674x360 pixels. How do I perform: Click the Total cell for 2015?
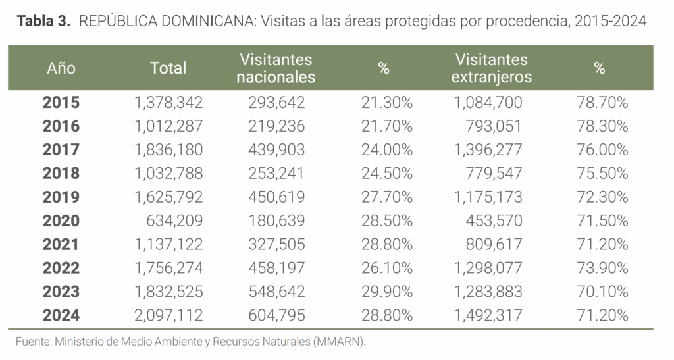coord(168,103)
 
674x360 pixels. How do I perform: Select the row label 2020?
coord(61,221)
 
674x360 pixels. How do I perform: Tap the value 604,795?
coord(276,316)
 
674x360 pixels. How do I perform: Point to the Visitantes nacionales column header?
coord(276,68)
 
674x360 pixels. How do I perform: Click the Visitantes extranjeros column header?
coord(491,68)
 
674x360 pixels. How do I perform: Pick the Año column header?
coord(61,68)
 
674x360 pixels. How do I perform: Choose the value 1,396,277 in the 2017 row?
coord(488,150)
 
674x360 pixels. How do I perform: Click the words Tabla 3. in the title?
coord(43,21)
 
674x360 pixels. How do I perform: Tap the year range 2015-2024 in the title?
coord(610,21)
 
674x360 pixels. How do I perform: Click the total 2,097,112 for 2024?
coord(168,316)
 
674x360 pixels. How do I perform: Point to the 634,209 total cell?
coord(174,221)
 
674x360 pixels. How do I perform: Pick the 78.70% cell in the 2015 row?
coord(601,103)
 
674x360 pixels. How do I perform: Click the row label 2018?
coord(61,174)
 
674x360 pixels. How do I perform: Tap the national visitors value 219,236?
coord(276,126)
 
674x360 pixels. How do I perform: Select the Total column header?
coord(168,68)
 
